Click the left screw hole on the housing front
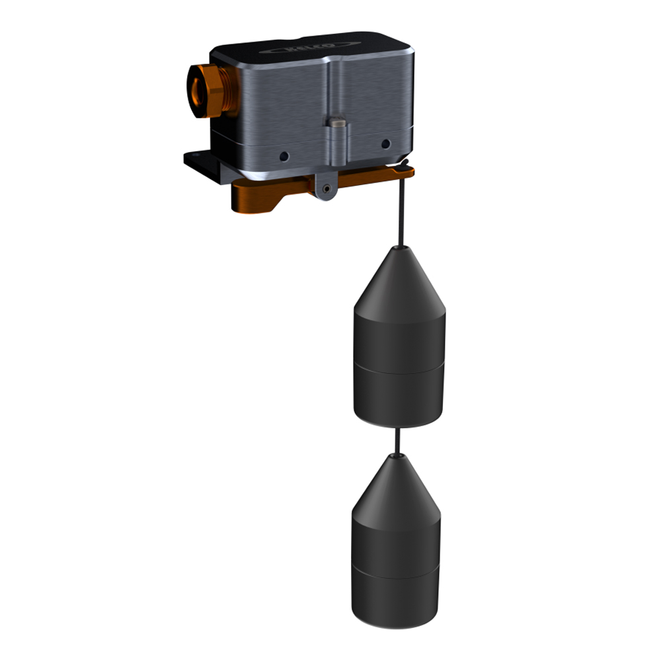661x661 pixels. (284, 157)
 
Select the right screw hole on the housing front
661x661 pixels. (385, 143)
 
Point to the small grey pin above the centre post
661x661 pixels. (336, 122)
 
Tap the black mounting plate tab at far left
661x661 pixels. (194, 159)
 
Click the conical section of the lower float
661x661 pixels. (396, 489)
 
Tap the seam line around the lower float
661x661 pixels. (395, 573)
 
